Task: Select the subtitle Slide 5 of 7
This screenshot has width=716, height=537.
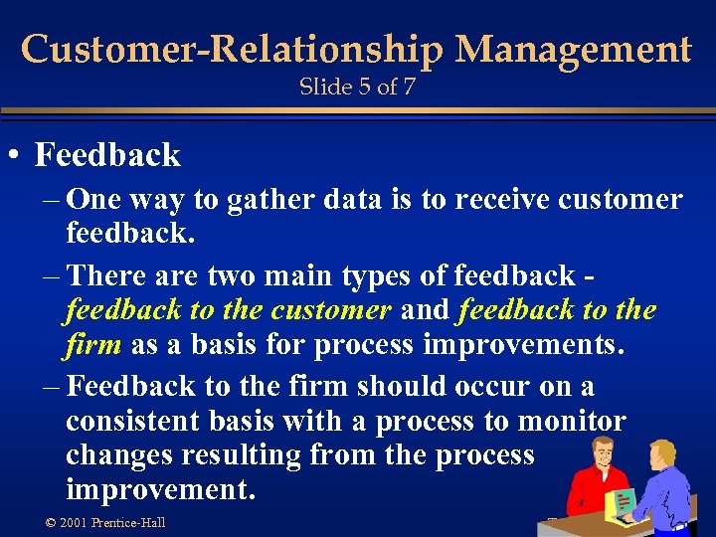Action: coord(357,87)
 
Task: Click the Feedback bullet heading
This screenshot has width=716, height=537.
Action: coord(107,155)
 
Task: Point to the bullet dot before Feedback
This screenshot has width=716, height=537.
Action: coord(15,156)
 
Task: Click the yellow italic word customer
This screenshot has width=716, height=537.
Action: coord(331,310)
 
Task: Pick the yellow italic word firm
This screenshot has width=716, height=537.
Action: coord(92,345)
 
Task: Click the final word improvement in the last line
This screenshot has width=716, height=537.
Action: coord(159,490)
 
